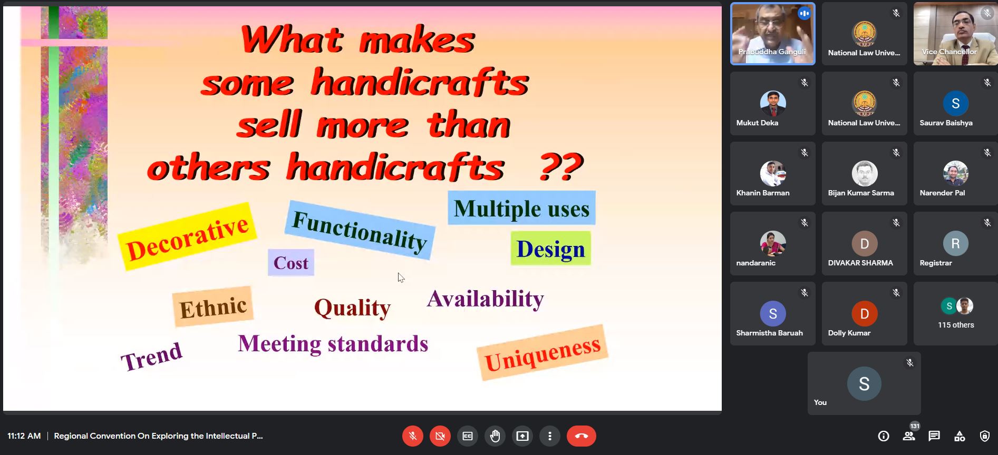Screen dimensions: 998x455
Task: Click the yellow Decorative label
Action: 187,236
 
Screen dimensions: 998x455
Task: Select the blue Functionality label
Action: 360,230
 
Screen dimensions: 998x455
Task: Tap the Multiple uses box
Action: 521,208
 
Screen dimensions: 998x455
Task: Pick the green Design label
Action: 550,248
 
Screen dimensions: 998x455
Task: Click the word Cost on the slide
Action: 291,262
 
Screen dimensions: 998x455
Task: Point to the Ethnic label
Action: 213,306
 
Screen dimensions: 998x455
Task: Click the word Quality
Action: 352,307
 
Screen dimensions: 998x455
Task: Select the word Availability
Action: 485,299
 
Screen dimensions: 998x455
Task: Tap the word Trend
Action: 152,357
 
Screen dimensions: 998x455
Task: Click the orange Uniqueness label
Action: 542,352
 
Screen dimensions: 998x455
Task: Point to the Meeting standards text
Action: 333,344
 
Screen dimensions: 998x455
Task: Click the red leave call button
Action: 581,436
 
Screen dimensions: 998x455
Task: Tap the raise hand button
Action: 495,436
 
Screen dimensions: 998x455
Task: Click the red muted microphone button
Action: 413,436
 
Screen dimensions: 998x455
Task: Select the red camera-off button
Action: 440,436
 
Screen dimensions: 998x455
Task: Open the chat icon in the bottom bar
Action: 934,436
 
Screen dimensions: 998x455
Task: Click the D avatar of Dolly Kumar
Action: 865,314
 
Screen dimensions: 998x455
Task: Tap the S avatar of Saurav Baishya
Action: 956,104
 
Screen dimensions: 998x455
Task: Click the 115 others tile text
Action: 956,325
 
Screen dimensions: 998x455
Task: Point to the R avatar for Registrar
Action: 956,243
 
